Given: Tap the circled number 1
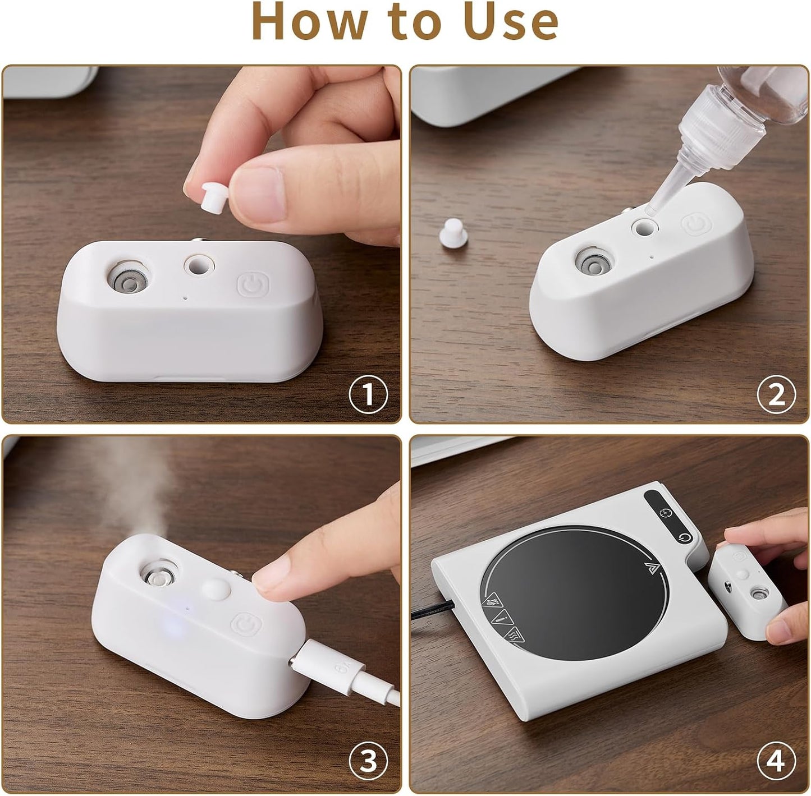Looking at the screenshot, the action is (368, 395).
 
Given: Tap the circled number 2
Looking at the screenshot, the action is (777, 395).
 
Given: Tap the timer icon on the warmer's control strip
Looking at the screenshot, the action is (664, 513).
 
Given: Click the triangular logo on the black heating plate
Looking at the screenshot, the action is (651, 568).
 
